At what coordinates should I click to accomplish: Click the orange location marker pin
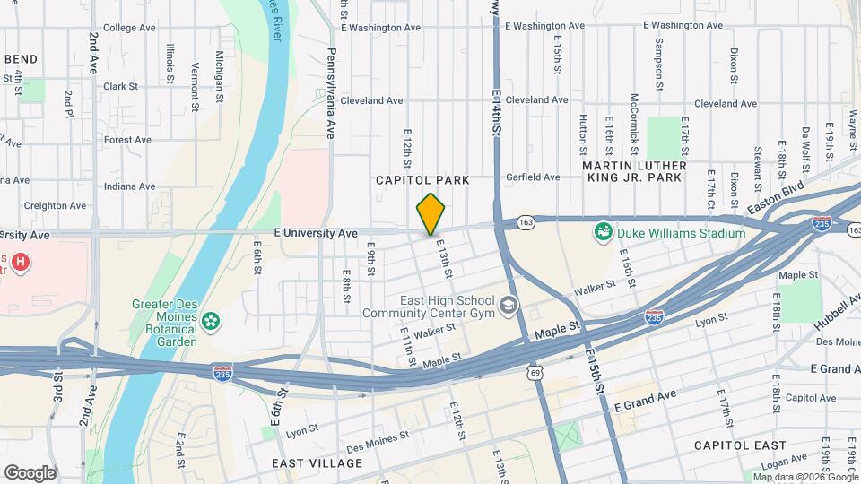[x=431, y=214]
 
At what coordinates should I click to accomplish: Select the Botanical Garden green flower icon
[x=212, y=320]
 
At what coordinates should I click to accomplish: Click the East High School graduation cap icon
[x=509, y=307]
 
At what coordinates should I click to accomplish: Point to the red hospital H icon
[x=21, y=264]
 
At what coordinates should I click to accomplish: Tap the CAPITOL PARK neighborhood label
[x=422, y=180]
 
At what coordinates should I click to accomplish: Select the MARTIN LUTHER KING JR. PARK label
[x=634, y=171]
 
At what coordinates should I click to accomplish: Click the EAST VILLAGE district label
[x=317, y=463]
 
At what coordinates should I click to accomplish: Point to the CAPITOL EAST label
[x=741, y=445]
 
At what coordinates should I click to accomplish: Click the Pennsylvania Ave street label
[x=330, y=93]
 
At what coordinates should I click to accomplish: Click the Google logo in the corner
[x=30, y=472]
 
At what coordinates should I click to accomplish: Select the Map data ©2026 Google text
[x=802, y=476]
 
